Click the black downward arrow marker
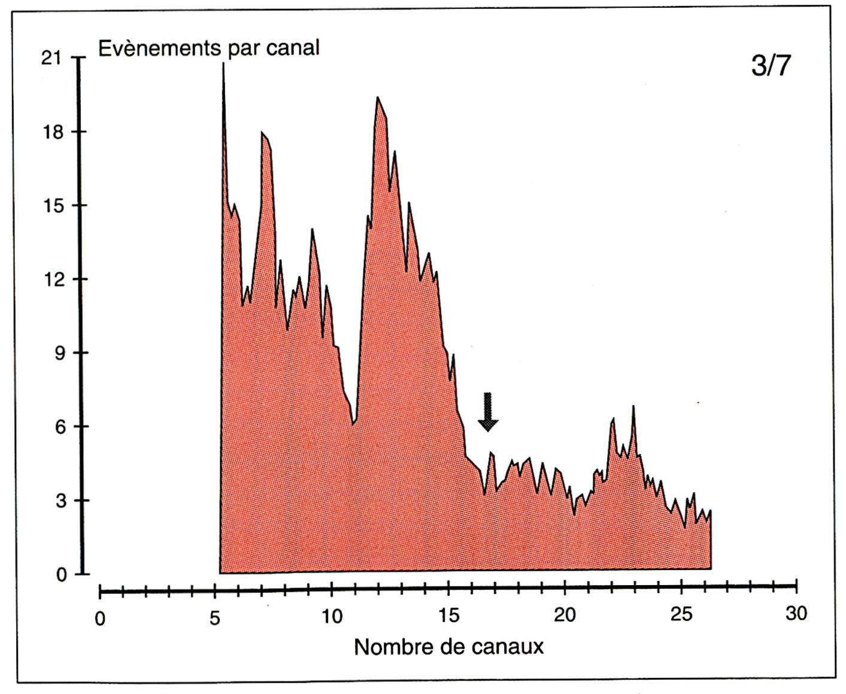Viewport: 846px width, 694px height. point(488,412)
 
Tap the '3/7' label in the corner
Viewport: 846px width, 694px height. point(771,66)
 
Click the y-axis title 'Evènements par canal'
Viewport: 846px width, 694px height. point(208,48)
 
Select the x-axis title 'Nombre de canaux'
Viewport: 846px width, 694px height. point(448,647)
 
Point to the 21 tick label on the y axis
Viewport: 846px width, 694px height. point(51,59)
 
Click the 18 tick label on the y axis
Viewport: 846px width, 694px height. point(53,132)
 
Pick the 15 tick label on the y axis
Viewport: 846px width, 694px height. point(53,206)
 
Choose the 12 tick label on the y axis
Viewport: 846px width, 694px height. point(53,279)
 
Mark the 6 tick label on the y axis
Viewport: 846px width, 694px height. point(60,427)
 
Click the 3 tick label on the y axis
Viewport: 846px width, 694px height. point(60,501)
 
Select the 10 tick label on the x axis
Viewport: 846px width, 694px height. point(332,616)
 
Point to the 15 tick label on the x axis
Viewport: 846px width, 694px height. point(448,615)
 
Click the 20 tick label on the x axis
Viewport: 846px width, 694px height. point(565,615)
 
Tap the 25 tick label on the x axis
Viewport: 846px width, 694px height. point(681,614)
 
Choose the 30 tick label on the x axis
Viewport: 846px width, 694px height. point(796,613)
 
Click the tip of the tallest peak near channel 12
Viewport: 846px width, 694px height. point(377,98)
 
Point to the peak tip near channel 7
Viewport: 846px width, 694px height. point(262,133)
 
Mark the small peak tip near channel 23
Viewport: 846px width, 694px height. point(633,407)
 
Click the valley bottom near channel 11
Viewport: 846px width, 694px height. point(353,424)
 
